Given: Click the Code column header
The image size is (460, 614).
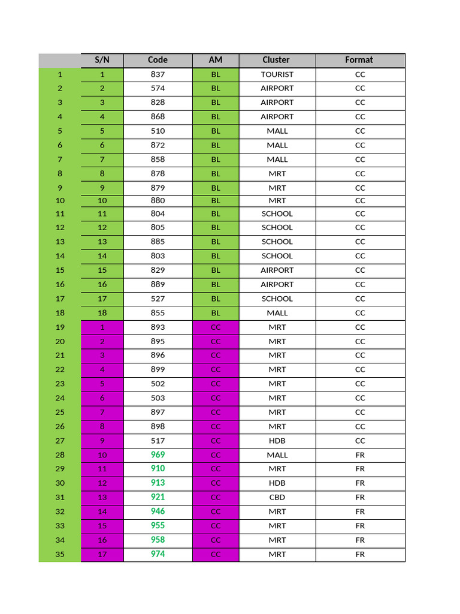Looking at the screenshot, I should tap(158, 60).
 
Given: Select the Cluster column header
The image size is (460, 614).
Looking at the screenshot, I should tap(276, 60).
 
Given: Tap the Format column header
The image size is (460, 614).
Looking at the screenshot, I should tap(359, 60).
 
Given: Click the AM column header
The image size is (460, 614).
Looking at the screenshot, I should tap(216, 60).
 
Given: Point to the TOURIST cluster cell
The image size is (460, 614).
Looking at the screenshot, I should tap(277, 74).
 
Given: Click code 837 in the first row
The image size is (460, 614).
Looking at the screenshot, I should tap(158, 74).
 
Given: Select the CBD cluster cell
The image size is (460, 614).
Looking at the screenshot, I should tap(277, 497).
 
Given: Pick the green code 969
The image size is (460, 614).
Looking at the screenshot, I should tap(158, 455).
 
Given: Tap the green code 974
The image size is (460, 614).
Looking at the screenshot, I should tap(158, 554).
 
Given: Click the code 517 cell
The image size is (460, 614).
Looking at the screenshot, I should tap(158, 441).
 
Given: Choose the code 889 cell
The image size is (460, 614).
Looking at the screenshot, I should tap(158, 284).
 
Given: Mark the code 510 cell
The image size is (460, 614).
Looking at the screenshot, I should tap(158, 131).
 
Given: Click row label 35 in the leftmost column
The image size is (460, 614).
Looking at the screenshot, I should tap(60, 554).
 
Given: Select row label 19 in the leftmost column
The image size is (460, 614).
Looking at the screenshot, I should tap(60, 327).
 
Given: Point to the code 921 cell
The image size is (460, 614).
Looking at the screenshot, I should tap(158, 497).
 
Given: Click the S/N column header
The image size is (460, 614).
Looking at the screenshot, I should tap(102, 60).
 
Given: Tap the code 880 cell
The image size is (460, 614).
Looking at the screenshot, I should tap(158, 200).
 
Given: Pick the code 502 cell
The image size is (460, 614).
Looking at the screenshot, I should tap(158, 384).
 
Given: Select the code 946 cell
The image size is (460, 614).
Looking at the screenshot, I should tap(158, 511).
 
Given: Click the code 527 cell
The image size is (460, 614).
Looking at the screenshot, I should tap(158, 299).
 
